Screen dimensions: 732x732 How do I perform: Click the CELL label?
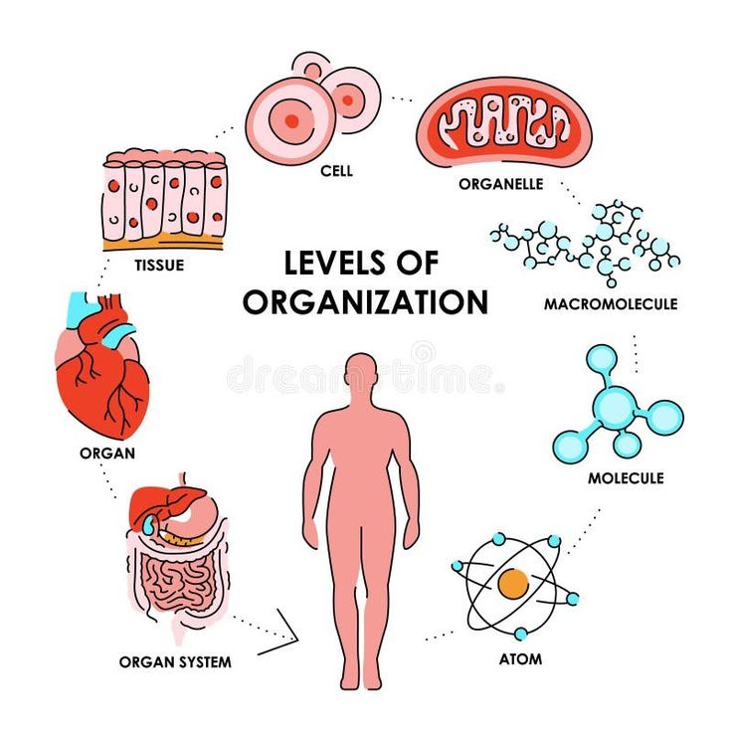tap(336, 171)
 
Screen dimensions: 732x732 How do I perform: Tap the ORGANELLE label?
tap(500, 184)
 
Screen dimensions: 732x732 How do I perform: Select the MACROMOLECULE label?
tap(611, 303)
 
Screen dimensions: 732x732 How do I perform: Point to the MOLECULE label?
tap(625, 478)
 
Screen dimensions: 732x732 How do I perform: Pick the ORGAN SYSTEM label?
tap(175, 660)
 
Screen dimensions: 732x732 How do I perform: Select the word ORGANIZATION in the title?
tap(365, 301)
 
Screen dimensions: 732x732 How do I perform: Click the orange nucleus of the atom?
tap(513, 583)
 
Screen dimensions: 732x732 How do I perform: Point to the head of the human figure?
tap(359, 376)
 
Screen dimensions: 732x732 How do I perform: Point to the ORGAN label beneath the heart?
tap(106, 454)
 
